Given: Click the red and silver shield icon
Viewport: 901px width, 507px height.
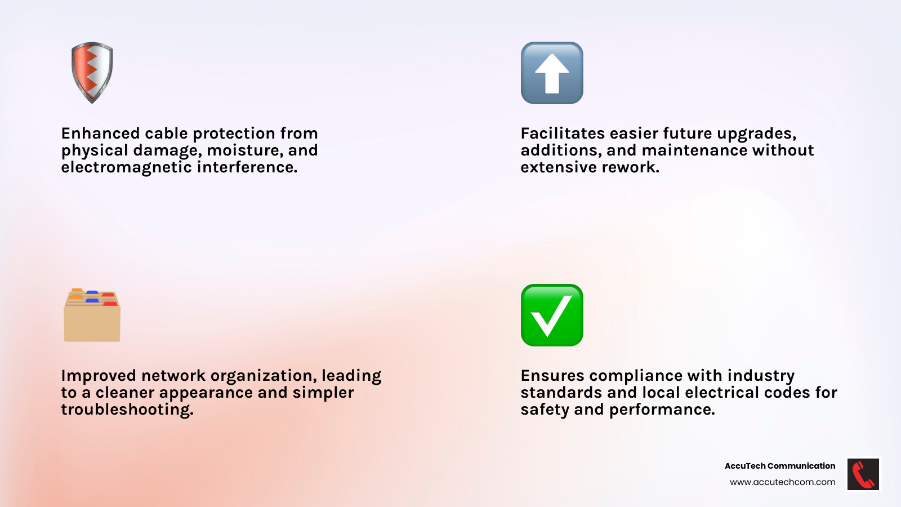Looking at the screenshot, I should (92, 73).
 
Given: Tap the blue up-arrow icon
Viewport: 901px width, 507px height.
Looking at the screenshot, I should (552, 73).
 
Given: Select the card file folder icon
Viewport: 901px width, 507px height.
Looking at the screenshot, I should (92, 315).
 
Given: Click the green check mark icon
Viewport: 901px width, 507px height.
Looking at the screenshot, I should (552, 315).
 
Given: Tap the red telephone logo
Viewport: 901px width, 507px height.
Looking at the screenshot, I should (863, 474).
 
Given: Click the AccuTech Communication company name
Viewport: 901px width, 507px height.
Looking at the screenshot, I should (780, 466).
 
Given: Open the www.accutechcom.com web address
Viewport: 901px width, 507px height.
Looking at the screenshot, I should (782, 482).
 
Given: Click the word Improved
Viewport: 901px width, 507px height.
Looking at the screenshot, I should (98, 376).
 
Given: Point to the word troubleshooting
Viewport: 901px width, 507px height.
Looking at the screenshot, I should (127, 410).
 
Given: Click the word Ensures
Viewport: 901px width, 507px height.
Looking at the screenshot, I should (552, 376).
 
